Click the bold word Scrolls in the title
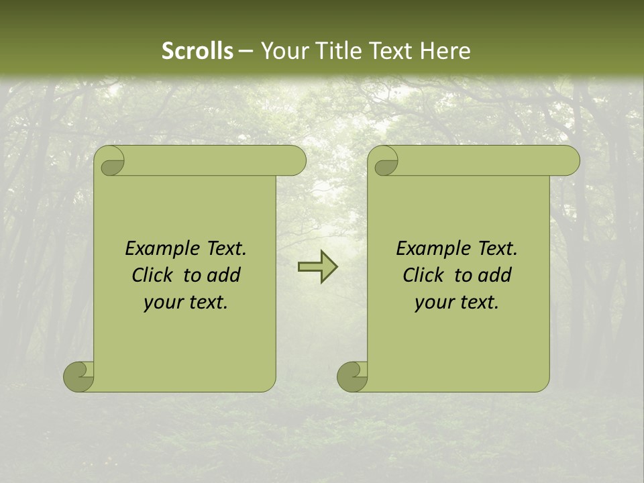point(198,51)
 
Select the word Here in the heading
point(445,51)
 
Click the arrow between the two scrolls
point(317,267)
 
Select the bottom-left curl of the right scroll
point(353,376)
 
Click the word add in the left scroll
point(223,276)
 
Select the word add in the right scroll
point(494,276)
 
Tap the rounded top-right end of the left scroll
point(295,161)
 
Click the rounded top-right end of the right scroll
point(569,161)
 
